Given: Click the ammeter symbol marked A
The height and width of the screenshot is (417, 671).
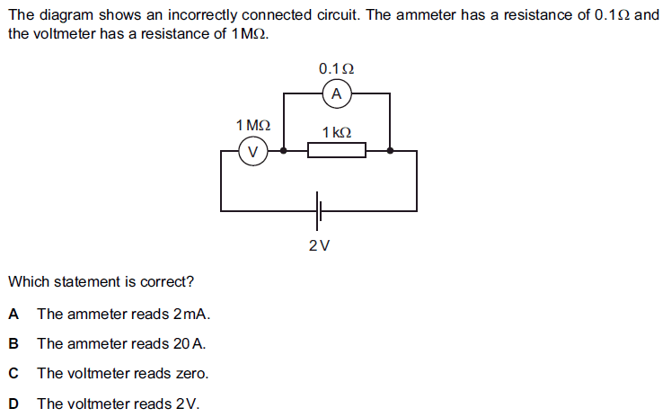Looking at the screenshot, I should [337, 93].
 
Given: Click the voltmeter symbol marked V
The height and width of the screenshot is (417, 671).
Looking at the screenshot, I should [252, 152].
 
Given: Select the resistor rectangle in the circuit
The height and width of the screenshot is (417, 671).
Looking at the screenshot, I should [337, 151].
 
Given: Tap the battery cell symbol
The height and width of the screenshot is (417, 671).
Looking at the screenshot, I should [319, 212].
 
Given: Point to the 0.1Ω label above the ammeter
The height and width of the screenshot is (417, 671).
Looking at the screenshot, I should [336, 69].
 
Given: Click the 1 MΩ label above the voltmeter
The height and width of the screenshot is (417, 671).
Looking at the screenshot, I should [252, 125].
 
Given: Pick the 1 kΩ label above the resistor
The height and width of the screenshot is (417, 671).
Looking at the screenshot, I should [337, 132].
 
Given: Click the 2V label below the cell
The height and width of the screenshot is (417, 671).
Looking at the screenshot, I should [319, 245].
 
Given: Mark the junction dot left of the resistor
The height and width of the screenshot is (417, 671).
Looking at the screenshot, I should [285, 151].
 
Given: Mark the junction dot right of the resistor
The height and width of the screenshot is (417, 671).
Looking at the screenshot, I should [389, 151].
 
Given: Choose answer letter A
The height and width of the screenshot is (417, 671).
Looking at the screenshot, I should [13, 314].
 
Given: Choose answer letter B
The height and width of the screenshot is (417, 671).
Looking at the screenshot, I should [13, 343].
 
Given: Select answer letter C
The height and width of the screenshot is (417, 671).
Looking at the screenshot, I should [13, 373].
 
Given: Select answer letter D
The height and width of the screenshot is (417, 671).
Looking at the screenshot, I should [13, 403].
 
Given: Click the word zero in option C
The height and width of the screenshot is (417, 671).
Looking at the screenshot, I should [191, 373].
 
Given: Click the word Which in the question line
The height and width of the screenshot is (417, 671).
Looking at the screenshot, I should [27, 281].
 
